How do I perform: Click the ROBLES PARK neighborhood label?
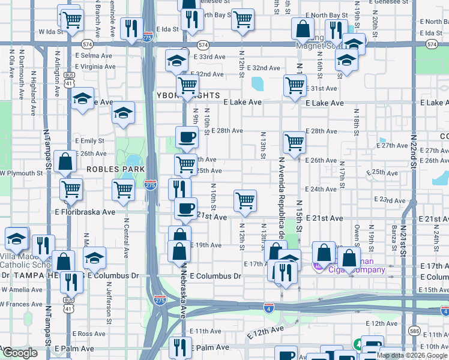point(116,170)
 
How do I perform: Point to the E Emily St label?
point(89,141)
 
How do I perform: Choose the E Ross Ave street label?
point(89,334)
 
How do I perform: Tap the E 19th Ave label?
point(206,245)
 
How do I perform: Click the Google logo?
point(20,353)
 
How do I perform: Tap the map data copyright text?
point(412,355)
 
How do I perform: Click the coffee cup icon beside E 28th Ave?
point(186,137)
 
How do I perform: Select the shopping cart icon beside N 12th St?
point(245,200)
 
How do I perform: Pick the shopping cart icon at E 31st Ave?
point(295,85)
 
